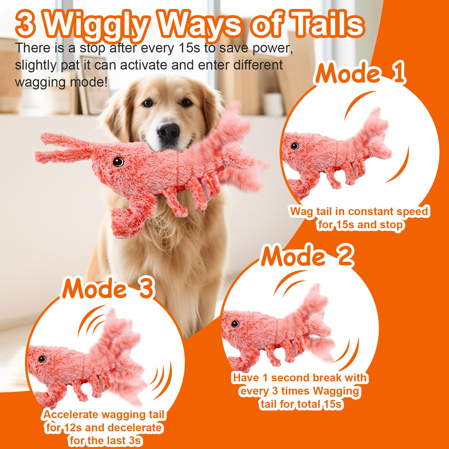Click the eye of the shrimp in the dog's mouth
tap(118, 162)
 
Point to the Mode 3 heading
tap(108, 288)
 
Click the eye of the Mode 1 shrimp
tap(295, 146)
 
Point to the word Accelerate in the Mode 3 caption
tap(71, 415)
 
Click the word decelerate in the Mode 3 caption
tap(134, 428)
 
